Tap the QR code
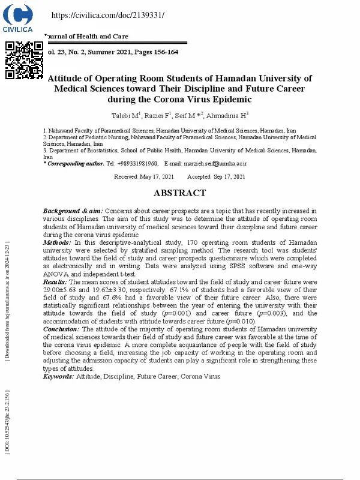click(24, 61)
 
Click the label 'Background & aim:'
click(73, 211)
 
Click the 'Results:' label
click(56, 281)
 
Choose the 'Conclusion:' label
click(62, 329)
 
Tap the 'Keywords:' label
click(58, 376)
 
